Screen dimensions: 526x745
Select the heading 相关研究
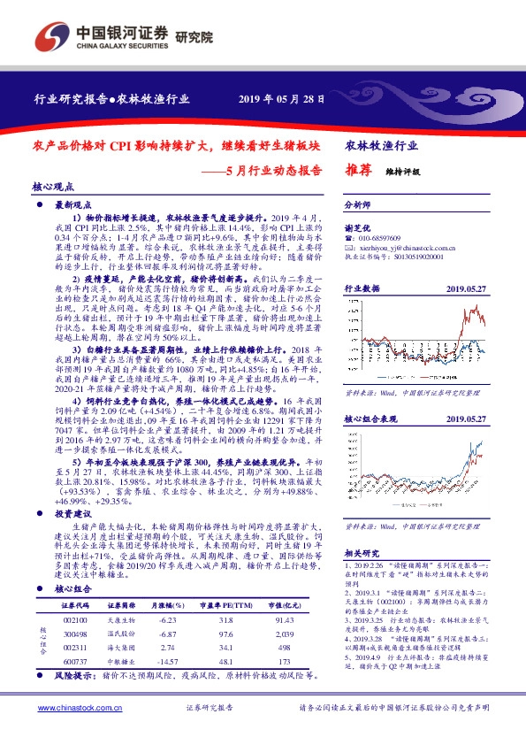coord(360,552)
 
